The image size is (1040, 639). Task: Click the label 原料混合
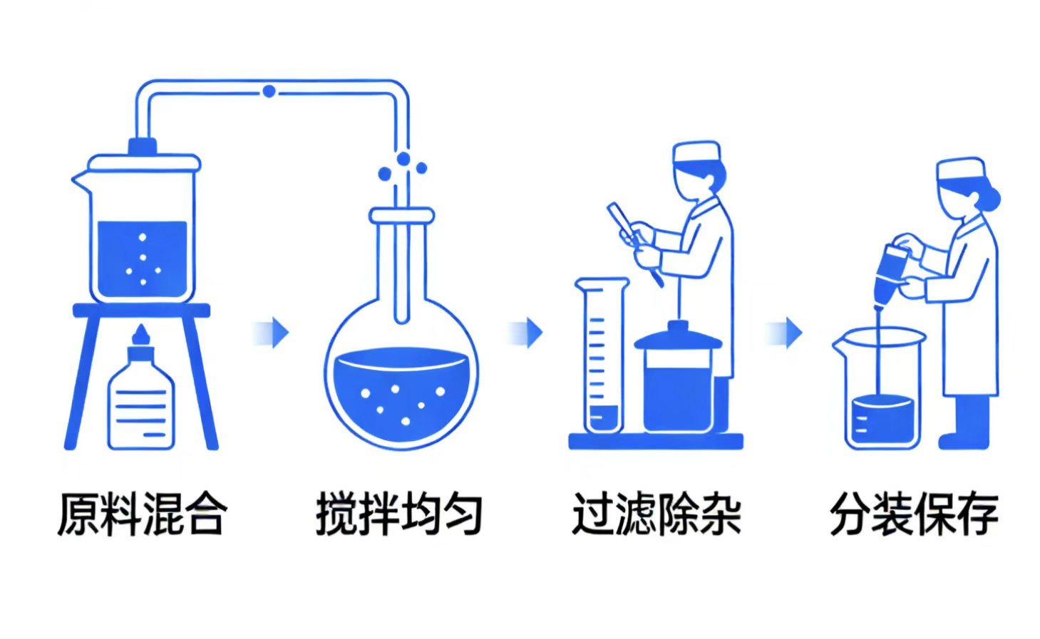[142, 514]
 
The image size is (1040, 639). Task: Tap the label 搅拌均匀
[399, 514]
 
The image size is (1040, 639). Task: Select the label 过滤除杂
[656, 514]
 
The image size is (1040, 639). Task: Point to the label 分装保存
[913, 514]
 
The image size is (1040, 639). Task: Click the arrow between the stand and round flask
[273, 332]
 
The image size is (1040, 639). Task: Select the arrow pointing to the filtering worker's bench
[527, 332]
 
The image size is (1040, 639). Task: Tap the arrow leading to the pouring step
[786, 332]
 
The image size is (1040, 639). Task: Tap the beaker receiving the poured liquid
[881, 392]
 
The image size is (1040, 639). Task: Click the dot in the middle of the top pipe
[269, 91]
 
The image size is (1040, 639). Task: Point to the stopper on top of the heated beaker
[142, 146]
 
